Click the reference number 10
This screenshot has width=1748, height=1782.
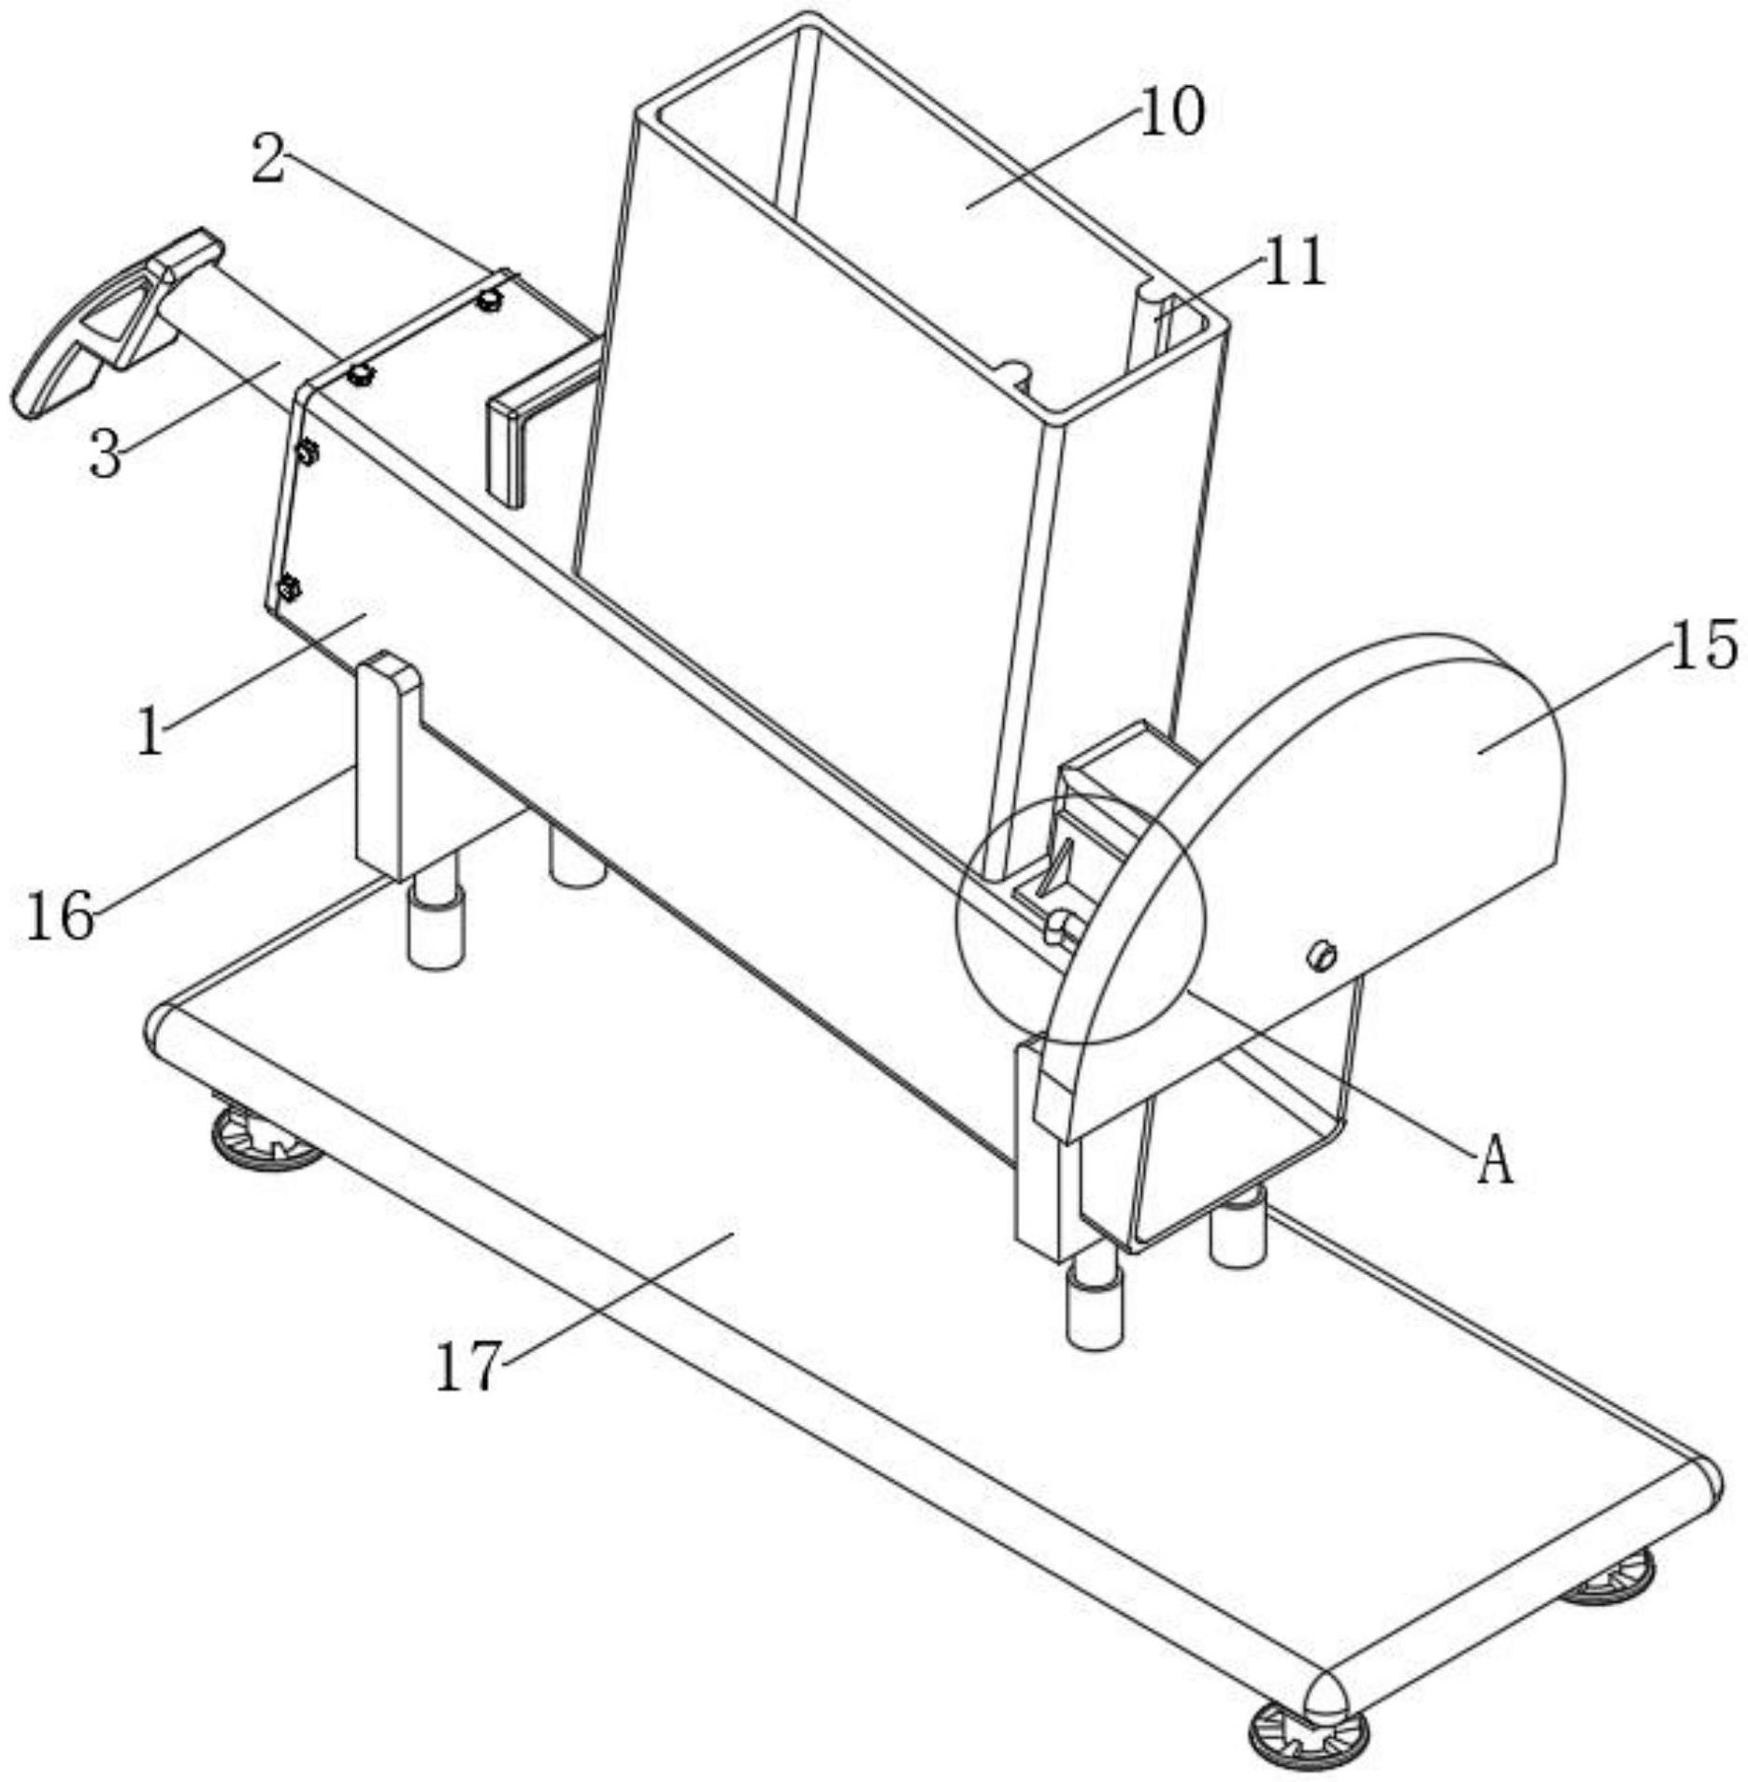(x=1172, y=113)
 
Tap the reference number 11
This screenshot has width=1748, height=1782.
(x=1294, y=262)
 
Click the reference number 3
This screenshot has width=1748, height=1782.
(x=106, y=455)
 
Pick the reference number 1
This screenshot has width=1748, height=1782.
(x=150, y=731)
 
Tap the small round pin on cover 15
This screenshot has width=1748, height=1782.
(x=1322, y=956)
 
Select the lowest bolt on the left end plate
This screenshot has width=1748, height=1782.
(x=289, y=589)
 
